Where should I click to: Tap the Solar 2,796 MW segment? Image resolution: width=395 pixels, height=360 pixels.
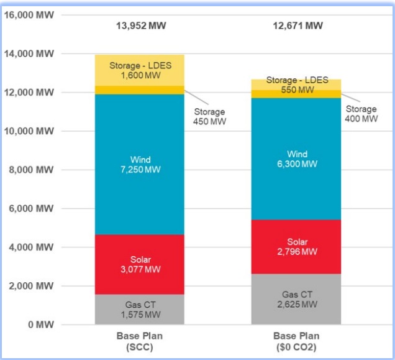tap(296, 247)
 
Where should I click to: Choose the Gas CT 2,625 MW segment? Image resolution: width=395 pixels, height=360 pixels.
tap(296, 299)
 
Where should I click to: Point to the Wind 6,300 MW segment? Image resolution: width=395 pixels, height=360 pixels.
tap(296, 159)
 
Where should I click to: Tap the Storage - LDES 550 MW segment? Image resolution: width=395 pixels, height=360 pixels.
tap(296, 84)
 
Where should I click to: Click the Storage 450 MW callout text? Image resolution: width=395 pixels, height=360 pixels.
tap(209, 116)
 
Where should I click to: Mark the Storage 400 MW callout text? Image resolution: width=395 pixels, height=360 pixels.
tap(361, 114)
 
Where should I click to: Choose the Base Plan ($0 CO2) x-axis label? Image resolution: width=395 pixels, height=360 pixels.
tap(296, 341)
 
